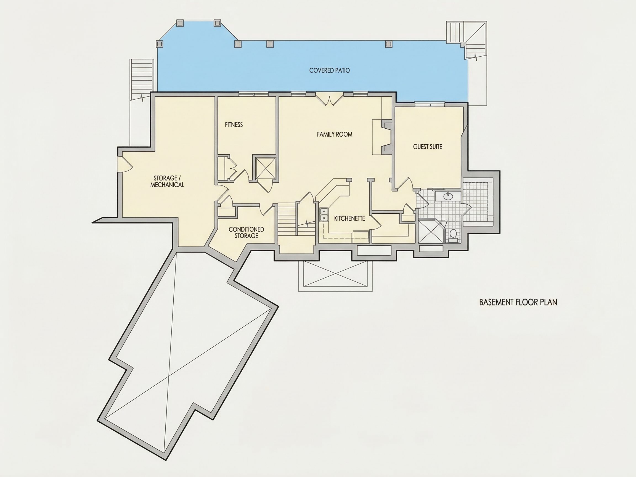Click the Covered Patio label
[x=329, y=70]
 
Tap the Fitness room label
[x=234, y=124]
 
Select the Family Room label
[x=334, y=134]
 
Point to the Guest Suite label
[x=428, y=147]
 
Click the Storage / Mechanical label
[x=167, y=181]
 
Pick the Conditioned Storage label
[x=247, y=233]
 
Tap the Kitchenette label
[x=350, y=219]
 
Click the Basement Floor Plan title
[x=518, y=302]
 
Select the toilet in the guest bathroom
[x=453, y=234]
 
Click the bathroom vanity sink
[x=448, y=196]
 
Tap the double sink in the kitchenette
[x=324, y=215]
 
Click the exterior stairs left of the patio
[x=142, y=79]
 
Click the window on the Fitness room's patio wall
[x=254, y=94]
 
